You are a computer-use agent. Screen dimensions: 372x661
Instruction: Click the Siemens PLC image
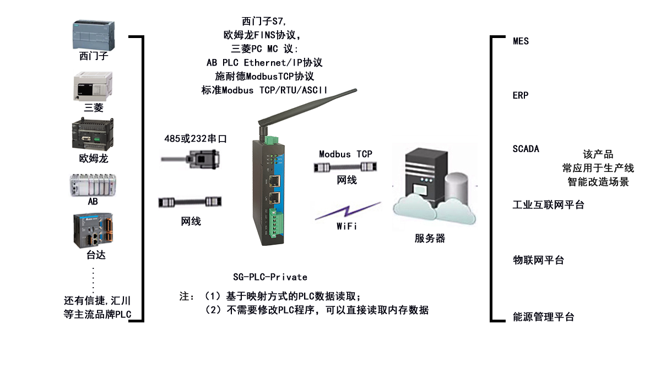pyautogui.click(x=94, y=35)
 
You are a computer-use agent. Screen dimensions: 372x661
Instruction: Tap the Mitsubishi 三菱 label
pyautogui.click(x=94, y=107)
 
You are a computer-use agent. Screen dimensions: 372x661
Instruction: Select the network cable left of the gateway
pyautogui.click(x=190, y=202)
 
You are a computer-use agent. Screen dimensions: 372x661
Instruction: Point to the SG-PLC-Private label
pyautogui.click(x=270, y=277)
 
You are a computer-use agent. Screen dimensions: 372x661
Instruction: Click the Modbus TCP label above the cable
pyautogui.click(x=345, y=154)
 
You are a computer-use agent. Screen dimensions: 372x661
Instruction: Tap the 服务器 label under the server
pyautogui.click(x=430, y=239)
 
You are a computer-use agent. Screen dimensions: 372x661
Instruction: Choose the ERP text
pyautogui.click(x=520, y=95)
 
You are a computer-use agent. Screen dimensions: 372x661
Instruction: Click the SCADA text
pyautogui.click(x=525, y=149)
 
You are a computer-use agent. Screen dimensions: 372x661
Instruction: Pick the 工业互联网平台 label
pyautogui.click(x=548, y=205)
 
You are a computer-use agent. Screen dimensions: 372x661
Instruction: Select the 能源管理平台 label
pyautogui.click(x=543, y=317)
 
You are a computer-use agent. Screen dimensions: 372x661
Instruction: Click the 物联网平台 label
pyautogui.click(x=538, y=260)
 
